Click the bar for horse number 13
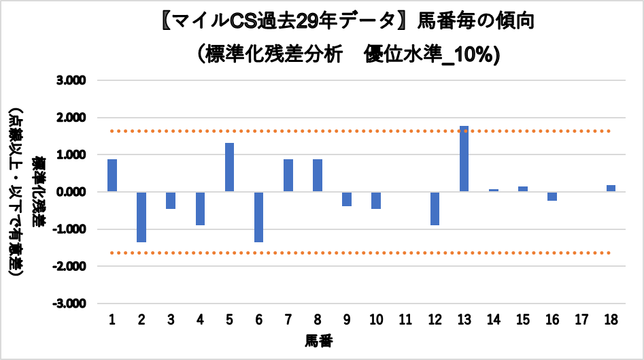(x=464, y=159)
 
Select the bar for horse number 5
(x=229, y=167)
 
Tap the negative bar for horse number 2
(x=141, y=216)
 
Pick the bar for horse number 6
(x=258, y=216)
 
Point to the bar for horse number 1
(x=112, y=176)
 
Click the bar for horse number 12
(x=435, y=208)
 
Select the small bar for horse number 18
(x=611, y=189)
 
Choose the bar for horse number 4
(x=200, y=208)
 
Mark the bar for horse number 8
(x=318, y=176)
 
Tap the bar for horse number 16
(x=552, y=196)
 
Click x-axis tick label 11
(x=405, y=320)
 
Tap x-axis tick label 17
(x=581, y=320)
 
